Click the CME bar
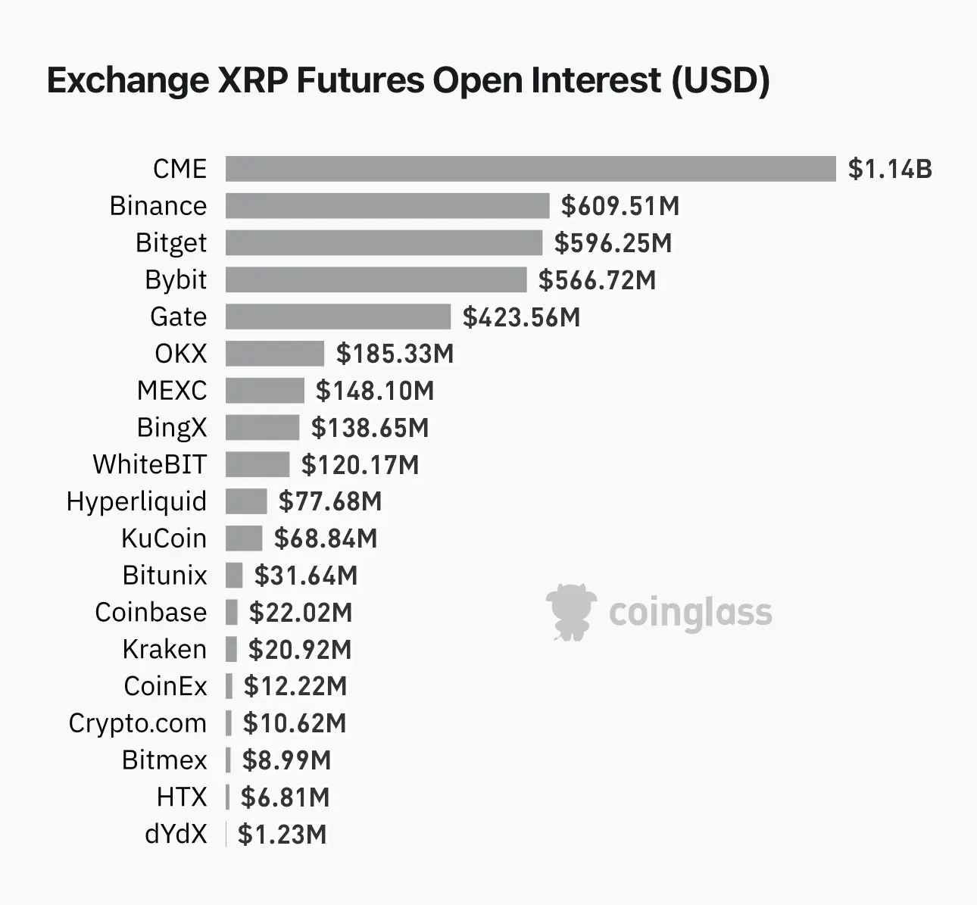coord(530,169)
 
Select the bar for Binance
coord(387,206)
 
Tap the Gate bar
coord(338,317)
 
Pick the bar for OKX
coord(274,354)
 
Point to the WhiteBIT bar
coord(258,464)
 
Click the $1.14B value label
coord(890,169)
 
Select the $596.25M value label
coord(613,243)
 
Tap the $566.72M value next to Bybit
coord(597,280)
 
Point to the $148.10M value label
coord(375,391)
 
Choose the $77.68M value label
coord(330,501)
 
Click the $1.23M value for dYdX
coord(282,835)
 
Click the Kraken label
coord(164,650)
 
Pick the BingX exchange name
coord(171,428)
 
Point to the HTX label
coord(182,797)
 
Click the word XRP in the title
coord(252,80)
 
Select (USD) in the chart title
coord(720,80)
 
